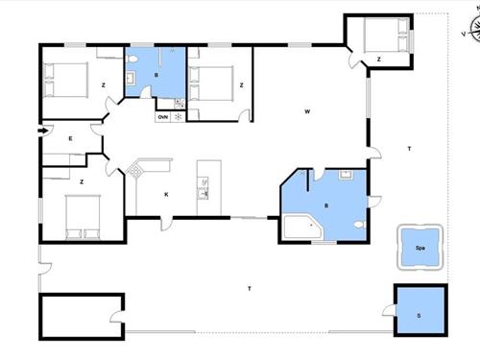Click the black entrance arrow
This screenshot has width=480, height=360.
(x=43, y=131)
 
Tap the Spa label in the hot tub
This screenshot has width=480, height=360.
(x=420, y=248)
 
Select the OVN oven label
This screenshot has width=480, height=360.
(x=163, y=117)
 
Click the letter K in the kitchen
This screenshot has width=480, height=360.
(x=166, y=194)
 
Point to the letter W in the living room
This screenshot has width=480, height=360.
(x=307, y=111)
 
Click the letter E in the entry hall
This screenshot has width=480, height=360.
(x=70, y=138)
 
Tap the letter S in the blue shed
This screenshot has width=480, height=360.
(x=419, y=316)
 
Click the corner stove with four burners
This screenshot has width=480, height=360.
(x=134, y=170)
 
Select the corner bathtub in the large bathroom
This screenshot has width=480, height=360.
(x=302, y=227)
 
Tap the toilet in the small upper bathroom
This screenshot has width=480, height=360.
(x=132, y=59)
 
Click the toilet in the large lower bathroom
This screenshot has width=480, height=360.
(x=360, y=225)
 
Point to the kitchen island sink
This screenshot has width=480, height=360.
(x=204, y=188)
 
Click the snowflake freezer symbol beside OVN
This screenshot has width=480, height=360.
(x=179, y=117)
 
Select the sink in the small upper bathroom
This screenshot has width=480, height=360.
(x=131, y=78)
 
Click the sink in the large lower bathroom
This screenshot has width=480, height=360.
(x=346, y=175)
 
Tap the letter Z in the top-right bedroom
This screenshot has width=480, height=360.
(x=379, y=60)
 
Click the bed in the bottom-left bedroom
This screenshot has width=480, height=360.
(x=83, y=217)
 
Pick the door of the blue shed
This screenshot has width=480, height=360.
(x=390, y=310)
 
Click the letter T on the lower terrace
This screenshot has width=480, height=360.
(x=250, y=289)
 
